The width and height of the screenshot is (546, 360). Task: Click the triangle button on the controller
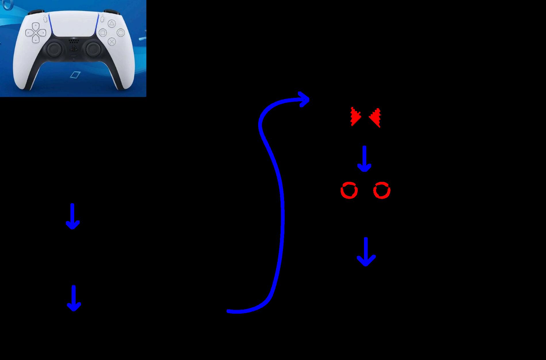(112, 24)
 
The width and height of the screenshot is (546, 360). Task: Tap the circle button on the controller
(121, 33)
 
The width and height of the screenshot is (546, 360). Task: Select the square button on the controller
(103, 33)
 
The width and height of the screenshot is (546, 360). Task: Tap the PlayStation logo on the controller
(74, 48)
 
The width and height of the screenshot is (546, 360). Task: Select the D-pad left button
(29, 33)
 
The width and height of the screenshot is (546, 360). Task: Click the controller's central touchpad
(74, 24)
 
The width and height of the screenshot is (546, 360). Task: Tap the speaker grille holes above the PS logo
(74, 41)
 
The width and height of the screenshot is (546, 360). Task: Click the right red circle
(382, 190)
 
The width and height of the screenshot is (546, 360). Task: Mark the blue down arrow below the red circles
(366, 252)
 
